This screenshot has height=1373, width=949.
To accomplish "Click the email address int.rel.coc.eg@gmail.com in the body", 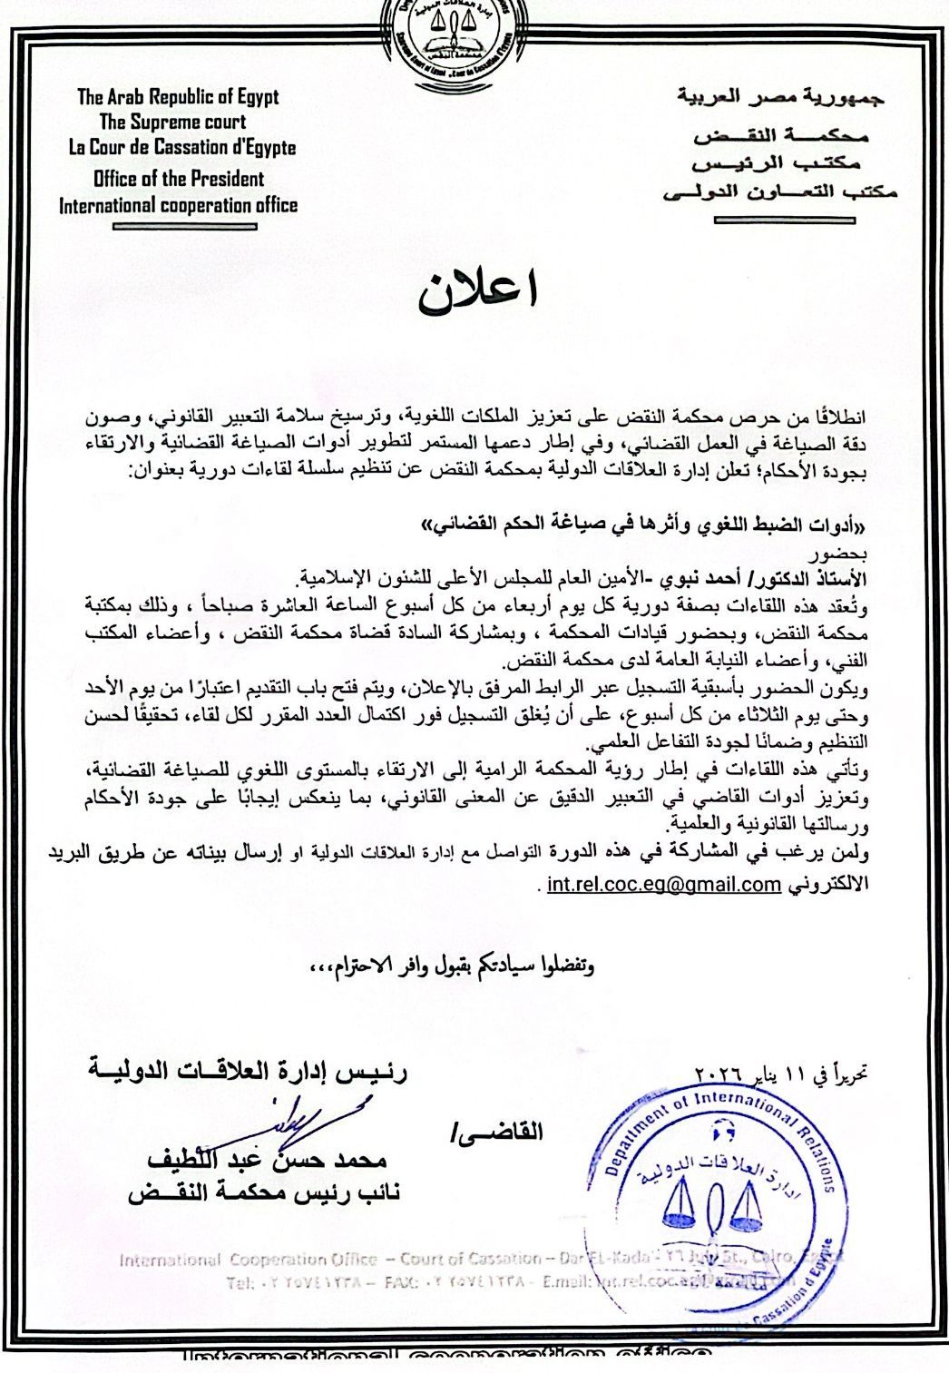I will pos(663,884).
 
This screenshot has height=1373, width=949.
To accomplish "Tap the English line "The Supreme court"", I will pos(172,122).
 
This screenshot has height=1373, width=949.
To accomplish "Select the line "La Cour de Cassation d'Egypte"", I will pos(182,147).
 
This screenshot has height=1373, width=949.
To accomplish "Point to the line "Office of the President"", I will pos(178,179).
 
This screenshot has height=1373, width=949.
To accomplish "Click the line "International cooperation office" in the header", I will pos(179,206).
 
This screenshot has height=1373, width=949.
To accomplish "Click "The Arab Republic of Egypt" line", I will pos(178,97).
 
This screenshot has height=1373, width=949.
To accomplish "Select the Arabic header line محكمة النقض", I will pos(781,137).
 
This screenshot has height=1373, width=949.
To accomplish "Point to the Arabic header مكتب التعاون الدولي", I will pos(780,191).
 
